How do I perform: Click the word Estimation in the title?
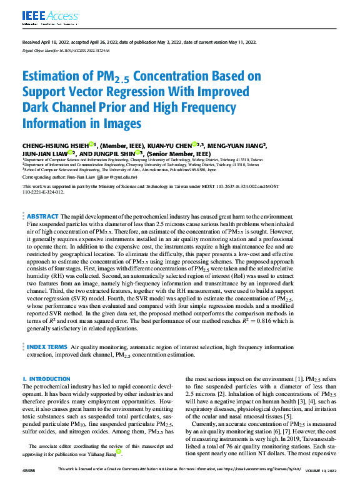tap(52, 77)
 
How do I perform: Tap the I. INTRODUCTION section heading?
tap(46, 379)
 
